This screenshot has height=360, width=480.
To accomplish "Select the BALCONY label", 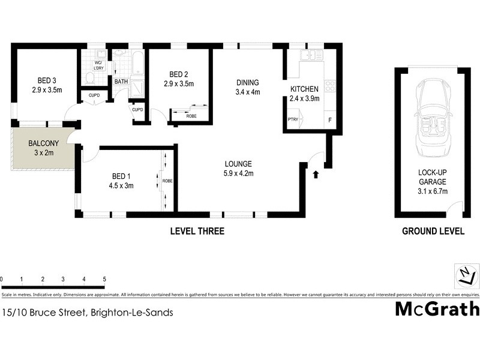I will click(x=43, y=144).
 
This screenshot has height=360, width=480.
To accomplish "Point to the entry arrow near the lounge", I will click(x=316, y=175).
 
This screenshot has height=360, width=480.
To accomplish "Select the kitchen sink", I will click(x=312, y=56).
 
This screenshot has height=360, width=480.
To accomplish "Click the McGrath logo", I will click(x=437, y=309).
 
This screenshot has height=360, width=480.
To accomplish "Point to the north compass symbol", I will click(x=466, y=275).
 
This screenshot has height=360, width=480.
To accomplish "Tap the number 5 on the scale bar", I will click(x=104, y=280).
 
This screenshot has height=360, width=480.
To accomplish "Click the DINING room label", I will click(x=247, y=83).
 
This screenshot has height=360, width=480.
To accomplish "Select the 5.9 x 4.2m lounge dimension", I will click(x=238, y=174).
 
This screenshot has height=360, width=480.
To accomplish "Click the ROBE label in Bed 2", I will click(x=191, y=116).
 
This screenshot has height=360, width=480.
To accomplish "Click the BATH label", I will click(x=121, y=82).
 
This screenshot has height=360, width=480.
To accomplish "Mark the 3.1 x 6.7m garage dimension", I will click(x=433, y=191).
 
